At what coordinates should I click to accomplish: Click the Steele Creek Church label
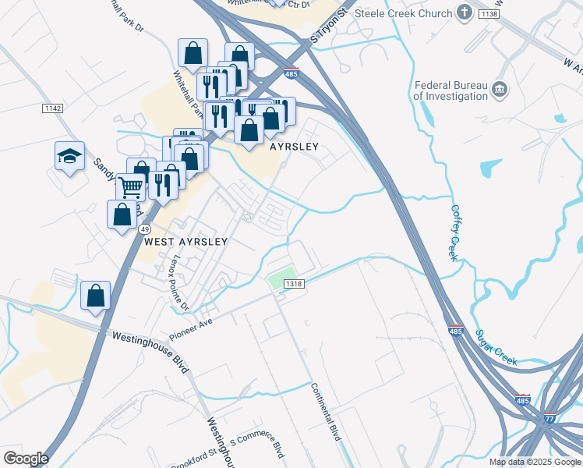[403, 13]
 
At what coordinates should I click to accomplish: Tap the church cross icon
[465, 12]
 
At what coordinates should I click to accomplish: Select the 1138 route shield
[489, 14]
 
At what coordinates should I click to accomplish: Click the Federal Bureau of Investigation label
[450, 90]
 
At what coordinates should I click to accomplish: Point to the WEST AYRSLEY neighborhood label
[185, 242]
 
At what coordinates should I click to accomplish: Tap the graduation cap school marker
[69, 155]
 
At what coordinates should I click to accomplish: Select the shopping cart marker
[130, 186]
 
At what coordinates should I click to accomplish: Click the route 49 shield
[145, 229]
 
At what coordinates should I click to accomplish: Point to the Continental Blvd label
[326, 412]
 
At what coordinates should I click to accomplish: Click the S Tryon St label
[327, 27]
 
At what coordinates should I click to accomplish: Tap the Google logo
[26, 458]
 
